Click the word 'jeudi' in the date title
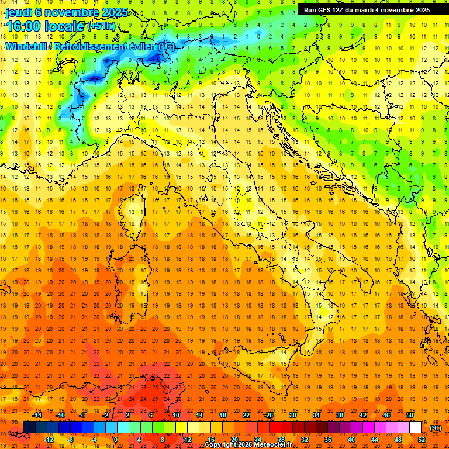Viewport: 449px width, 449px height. pos(19,12)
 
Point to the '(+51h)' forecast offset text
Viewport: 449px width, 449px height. pos(101,26)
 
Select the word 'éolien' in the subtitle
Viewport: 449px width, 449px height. pos(143,46)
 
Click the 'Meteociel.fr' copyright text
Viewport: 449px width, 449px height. pos(280,444)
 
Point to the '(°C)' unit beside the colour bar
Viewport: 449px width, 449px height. pos(436,427)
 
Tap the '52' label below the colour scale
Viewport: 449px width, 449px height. pos(422,440)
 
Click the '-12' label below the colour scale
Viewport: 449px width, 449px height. pos(50,440)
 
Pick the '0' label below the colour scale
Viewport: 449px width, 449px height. pos(116,440)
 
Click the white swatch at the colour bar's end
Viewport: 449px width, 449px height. pos(416,427)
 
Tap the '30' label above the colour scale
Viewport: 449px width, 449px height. pos(292,415)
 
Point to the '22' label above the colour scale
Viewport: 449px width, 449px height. pos(246,415)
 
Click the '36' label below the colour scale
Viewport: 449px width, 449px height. pos(328,440)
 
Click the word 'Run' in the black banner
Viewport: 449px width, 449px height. pos(310,9)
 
